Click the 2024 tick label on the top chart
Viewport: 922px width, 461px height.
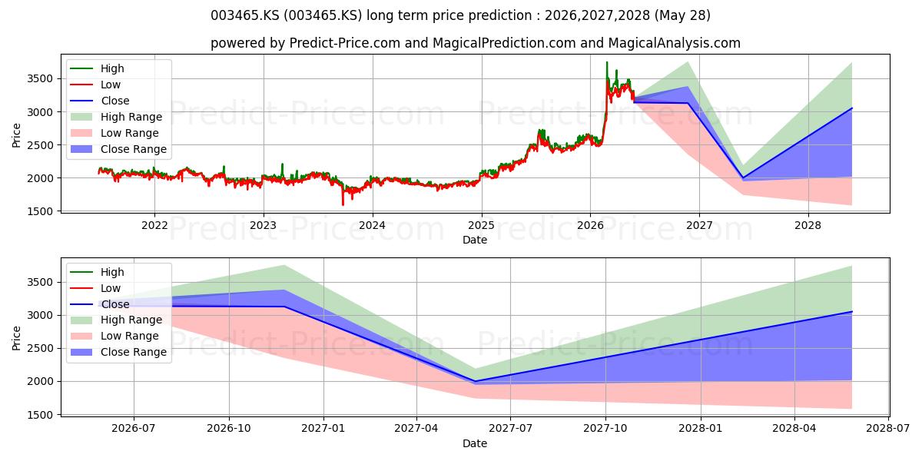372,226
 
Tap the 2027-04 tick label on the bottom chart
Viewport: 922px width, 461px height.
416,429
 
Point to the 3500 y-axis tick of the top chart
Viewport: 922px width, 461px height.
40,78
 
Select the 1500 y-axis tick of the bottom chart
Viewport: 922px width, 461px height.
40,415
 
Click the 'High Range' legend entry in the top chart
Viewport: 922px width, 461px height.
116,117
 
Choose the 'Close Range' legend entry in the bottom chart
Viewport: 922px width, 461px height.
118,352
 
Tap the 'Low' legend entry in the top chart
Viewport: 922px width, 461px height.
95,85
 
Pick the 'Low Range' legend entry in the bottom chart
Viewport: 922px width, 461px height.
114,336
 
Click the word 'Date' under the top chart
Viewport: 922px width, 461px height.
475,240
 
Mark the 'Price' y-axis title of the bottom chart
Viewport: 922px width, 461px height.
16,338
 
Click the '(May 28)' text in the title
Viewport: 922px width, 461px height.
682,15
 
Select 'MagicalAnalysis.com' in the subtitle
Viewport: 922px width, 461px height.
675,43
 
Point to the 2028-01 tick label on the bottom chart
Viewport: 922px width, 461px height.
700,429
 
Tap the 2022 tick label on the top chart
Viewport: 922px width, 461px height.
154,226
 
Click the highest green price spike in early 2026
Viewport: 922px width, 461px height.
607,62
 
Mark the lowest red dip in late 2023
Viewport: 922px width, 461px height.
343,204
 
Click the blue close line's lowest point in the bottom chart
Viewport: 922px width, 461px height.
476,382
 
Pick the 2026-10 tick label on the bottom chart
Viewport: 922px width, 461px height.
229,429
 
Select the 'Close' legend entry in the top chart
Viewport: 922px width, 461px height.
100,101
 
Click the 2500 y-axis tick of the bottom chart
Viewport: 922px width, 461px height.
40,348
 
